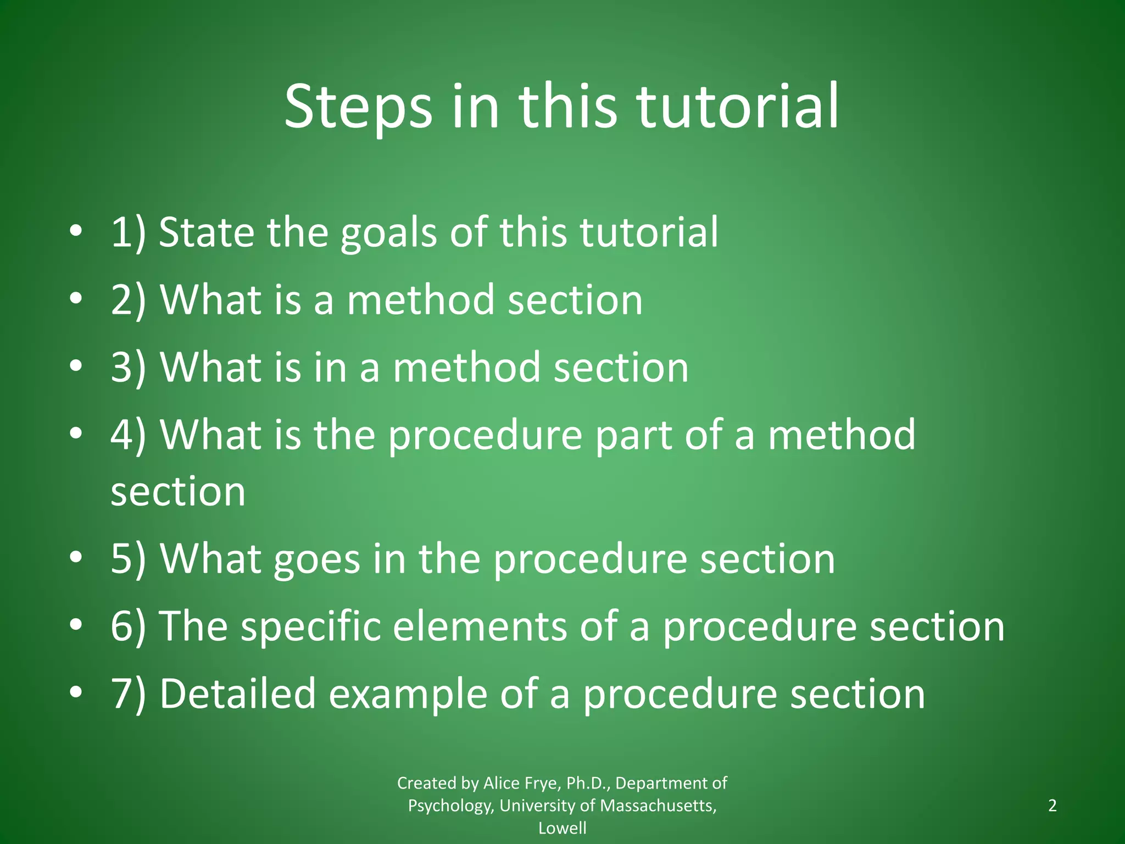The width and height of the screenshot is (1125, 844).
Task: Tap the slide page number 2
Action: pos(1052,806)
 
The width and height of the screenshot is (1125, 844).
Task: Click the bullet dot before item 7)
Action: pos(76,692)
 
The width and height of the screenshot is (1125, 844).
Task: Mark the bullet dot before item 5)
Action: pos(76,557)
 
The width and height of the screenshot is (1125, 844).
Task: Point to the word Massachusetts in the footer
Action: pos(658,806)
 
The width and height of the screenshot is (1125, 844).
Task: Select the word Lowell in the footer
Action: pos(562,828)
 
